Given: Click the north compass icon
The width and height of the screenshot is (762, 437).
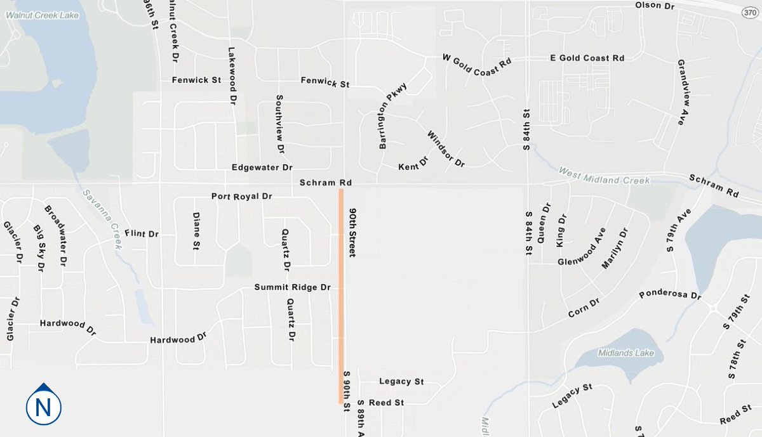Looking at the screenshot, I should (43, 405).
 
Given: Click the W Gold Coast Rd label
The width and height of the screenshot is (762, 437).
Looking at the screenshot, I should (477, 65).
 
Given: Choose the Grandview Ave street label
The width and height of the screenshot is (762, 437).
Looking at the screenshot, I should (680, 93).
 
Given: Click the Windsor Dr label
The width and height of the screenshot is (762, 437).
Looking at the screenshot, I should (446, 149).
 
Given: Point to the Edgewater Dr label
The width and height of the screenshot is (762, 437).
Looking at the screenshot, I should (262, 167).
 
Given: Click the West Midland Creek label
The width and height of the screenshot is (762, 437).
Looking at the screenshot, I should (604, 176).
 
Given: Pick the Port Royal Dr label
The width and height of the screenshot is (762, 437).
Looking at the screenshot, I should (241, 197).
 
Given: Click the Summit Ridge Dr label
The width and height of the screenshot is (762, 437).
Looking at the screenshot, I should (293, 287).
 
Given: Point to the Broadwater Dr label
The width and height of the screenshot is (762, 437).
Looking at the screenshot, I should (55, 235).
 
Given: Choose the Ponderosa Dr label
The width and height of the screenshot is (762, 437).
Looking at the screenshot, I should (670, 295).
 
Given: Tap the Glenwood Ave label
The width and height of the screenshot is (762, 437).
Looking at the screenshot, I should (582, 246).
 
